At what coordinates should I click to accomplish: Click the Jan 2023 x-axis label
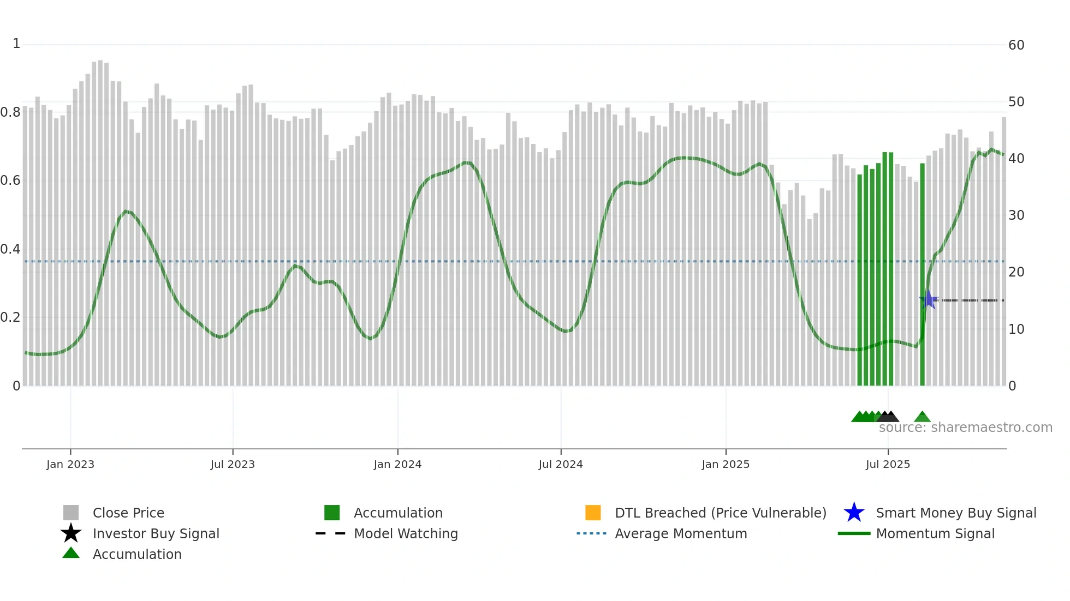pyautogui.click(x=70, y=464)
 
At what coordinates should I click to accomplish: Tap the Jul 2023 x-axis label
pyautogui.click(x=233, y=464)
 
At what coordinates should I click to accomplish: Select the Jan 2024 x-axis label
pyautogui.click(x=397, y=464)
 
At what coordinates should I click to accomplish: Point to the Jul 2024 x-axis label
pyautogui.click(x=561, y=464)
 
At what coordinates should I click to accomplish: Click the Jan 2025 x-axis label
pyautogui.click(x=726, y=464)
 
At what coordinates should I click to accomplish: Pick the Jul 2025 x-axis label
pyautogui.click(x=888, y=464)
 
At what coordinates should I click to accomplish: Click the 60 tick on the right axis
pyautogui.click(x=1016, y=45)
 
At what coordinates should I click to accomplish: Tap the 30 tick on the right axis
pyautogui.click(x=1016, y=215)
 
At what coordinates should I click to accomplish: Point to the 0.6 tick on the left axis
pyautogui.click(x=10, y=181)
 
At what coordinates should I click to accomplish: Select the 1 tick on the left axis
pyautogui.click(x=16, y=44)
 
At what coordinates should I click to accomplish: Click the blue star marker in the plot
pyautogui.click(x=928, y=300)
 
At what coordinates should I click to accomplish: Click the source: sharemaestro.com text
pyautogui.click(x=965, y=428)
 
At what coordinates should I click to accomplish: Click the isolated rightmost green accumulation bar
pyautogui.click(x=922, y=273)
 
